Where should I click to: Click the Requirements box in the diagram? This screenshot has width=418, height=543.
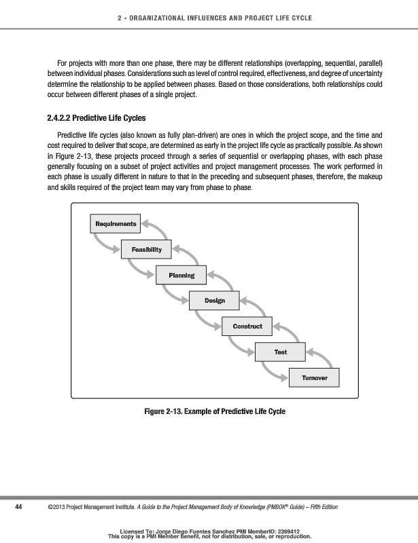[116, 224]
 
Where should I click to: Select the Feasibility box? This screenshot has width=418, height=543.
[146, 250]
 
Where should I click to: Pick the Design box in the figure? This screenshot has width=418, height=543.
[215, 300]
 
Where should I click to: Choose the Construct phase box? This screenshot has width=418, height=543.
[247, 326]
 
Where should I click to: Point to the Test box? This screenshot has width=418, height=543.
[280, 352]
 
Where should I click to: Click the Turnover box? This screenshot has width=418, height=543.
[313, 377]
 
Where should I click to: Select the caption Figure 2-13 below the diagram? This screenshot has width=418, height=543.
[215, 411]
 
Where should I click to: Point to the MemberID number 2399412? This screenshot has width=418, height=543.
[286, 531]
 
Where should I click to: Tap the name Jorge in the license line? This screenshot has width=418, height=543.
[164, 531]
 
